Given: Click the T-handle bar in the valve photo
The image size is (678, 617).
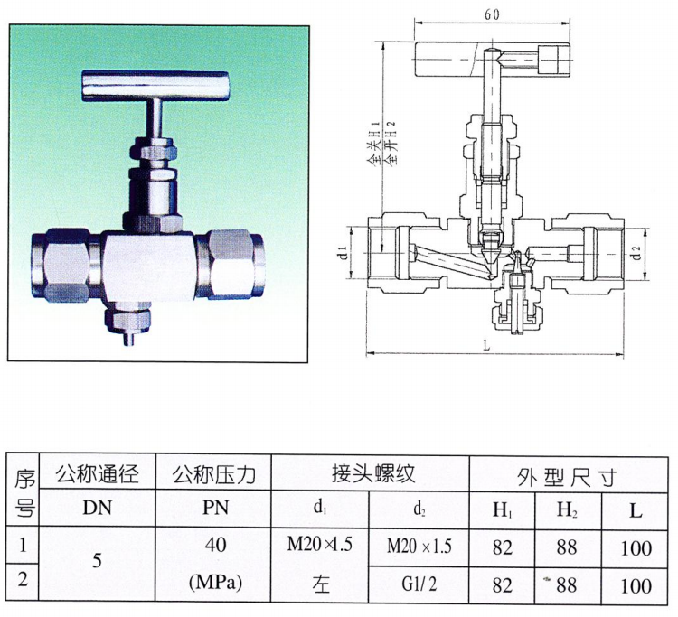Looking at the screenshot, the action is pos(155,85).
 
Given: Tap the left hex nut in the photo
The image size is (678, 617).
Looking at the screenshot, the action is pos(65,266).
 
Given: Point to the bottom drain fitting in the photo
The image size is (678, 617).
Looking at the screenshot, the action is pos(129,323).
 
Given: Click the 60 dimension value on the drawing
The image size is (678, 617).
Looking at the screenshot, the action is pos(492,14).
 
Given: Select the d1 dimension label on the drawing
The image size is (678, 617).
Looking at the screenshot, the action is pos(343,252).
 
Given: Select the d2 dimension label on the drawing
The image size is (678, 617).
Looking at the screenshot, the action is pos(636,252).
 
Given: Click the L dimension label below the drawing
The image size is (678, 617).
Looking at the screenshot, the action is pos(487,345).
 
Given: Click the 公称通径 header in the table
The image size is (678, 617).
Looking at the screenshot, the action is pos(98,473).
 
